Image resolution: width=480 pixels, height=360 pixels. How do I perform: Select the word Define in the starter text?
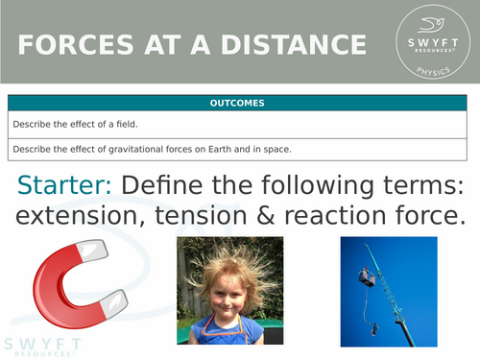(170, 185)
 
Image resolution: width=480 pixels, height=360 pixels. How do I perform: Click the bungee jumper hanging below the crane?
(373, 327)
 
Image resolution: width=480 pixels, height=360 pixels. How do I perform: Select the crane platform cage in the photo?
(366, 277)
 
